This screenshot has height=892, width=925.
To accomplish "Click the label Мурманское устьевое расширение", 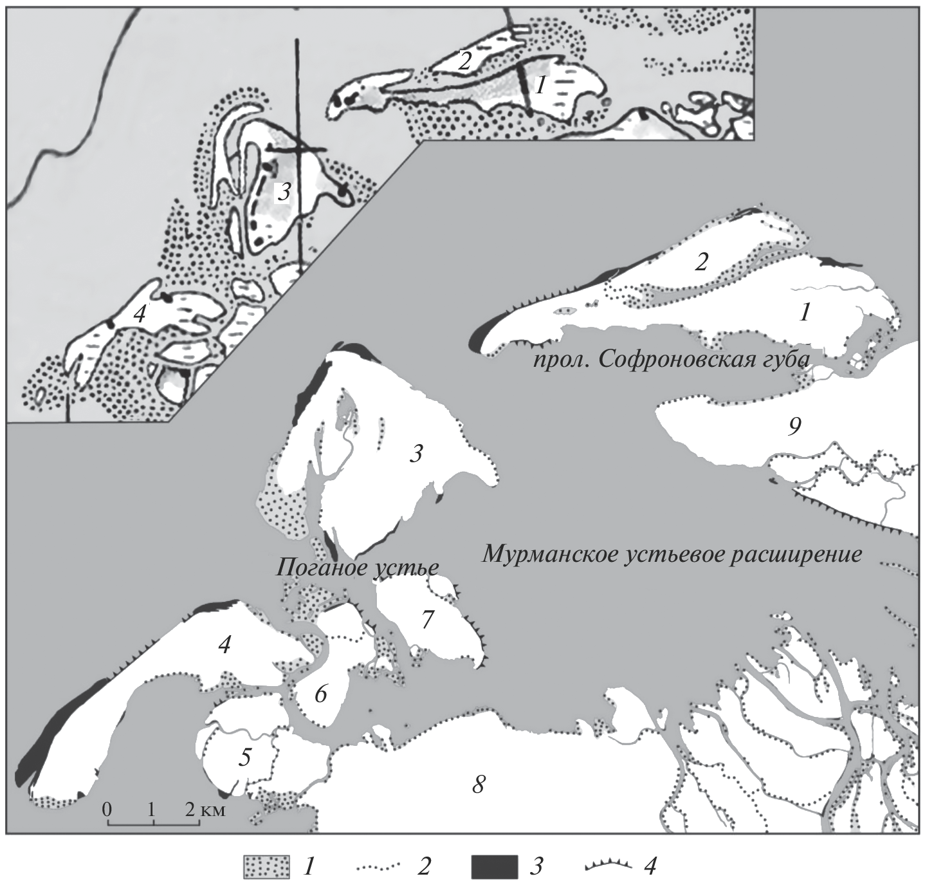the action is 672,555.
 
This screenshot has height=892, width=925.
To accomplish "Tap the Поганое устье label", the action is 358,568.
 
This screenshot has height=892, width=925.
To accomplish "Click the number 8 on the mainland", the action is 478,784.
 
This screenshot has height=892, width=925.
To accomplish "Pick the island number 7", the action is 427,619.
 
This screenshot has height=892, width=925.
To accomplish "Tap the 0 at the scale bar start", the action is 108,809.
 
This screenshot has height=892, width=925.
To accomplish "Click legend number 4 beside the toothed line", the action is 650,866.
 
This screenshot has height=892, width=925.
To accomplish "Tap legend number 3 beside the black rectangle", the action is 536,866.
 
